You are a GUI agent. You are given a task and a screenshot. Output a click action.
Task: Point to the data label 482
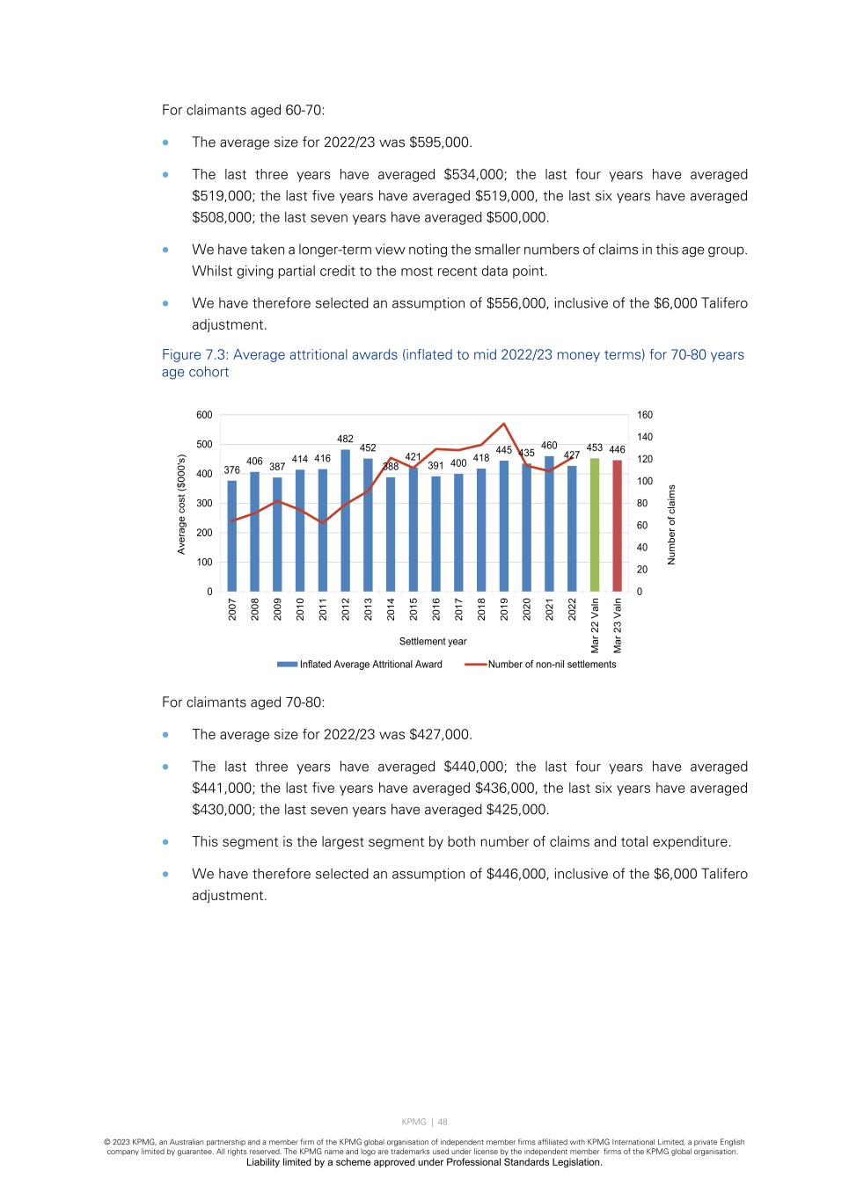pos(346,439)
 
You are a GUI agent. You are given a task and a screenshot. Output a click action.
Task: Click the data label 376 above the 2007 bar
pos(232,470)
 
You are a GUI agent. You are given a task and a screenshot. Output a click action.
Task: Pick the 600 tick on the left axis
pos(204,415)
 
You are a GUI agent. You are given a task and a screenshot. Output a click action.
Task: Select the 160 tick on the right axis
pos(645,415)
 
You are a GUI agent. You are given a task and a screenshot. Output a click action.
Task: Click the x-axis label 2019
pos(504,609)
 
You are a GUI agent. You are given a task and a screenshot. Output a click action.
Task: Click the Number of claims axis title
pos(672,525)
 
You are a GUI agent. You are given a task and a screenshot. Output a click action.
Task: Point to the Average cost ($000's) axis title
pos(182,504)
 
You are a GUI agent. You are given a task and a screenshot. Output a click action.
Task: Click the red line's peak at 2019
pos(504,424)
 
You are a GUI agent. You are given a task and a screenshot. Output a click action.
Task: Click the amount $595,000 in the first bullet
pos(441,142)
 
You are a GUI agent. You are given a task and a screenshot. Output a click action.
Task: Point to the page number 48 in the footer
pos(443,1122)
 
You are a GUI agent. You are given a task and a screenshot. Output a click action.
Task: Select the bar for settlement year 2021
pos(550,523)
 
